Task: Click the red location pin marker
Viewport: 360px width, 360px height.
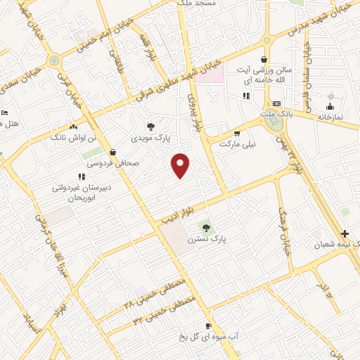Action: (x=181, y=165)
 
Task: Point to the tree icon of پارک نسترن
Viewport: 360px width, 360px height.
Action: (x=206, y=226)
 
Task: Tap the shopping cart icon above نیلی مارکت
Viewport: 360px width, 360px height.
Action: (x=237, y=132)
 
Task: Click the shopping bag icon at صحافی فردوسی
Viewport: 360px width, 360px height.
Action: (x=113, y=151)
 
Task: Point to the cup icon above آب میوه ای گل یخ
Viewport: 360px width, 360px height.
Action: (x=208, y=326)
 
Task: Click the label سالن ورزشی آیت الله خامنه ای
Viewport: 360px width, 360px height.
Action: (x=264, y=75)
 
